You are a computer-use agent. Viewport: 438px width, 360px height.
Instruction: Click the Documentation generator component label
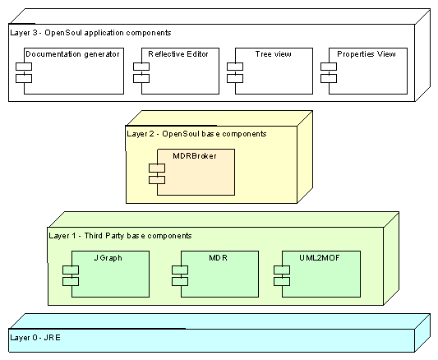pos(72,54)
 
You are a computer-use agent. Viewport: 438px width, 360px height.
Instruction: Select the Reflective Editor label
pos(178,54)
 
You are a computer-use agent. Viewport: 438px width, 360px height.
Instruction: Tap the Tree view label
pos(273,54)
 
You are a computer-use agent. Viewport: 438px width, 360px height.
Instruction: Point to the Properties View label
pos(367,54)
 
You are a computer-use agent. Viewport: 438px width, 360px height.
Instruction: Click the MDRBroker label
pos(195,156)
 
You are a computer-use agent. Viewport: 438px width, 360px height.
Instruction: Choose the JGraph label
pos(108,258)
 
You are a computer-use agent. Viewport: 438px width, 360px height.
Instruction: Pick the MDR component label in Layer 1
pos(218,257)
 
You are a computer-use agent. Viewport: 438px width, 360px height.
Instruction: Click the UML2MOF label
pos(320,257)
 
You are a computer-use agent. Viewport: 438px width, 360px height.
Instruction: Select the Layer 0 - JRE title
pos(35,338)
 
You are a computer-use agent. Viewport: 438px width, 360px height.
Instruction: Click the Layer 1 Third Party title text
pos(120,236)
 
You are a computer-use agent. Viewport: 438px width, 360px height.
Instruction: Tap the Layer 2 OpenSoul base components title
pos(196,134)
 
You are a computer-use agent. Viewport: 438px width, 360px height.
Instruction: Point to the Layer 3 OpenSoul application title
pos(90,33)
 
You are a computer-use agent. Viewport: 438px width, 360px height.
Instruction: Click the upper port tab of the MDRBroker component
pos(157,168)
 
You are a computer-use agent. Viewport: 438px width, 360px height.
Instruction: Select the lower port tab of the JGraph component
pos(71,282)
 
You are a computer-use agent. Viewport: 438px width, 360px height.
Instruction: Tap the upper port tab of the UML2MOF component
pos(282,270)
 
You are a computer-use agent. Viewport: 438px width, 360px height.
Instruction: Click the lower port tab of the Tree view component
pos(235,78)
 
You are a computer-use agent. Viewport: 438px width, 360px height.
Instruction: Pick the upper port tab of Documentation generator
pos(24,67)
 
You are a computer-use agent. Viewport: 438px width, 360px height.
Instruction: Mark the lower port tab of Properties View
pos(329,78)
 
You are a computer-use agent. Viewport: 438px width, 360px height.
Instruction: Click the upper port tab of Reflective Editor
pos(141,67)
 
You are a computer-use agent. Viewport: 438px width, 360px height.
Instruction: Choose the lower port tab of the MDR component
pos(180,282)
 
